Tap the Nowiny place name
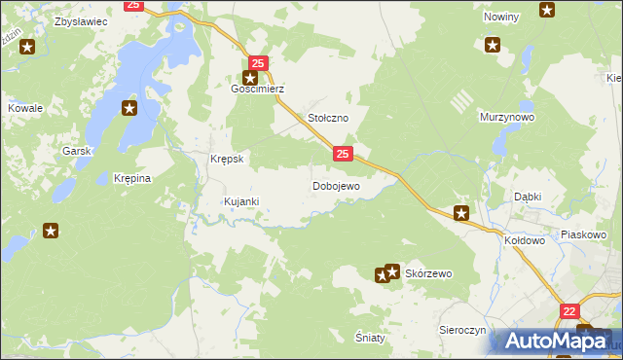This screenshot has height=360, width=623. point(501,18)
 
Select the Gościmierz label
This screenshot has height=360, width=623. point(256,88)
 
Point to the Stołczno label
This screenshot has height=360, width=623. point(328,117)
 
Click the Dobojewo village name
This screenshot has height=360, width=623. point(336,185)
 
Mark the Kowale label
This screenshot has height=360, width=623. point(24,108)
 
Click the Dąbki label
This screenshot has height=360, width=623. point(528,196)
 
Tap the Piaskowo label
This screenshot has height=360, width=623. point(584,234)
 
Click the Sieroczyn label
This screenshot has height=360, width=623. point(461,330)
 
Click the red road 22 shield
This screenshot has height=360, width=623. point(569,310)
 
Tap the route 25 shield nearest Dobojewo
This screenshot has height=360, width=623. point(342,154)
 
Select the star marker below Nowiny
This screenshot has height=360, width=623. point(493,44)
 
